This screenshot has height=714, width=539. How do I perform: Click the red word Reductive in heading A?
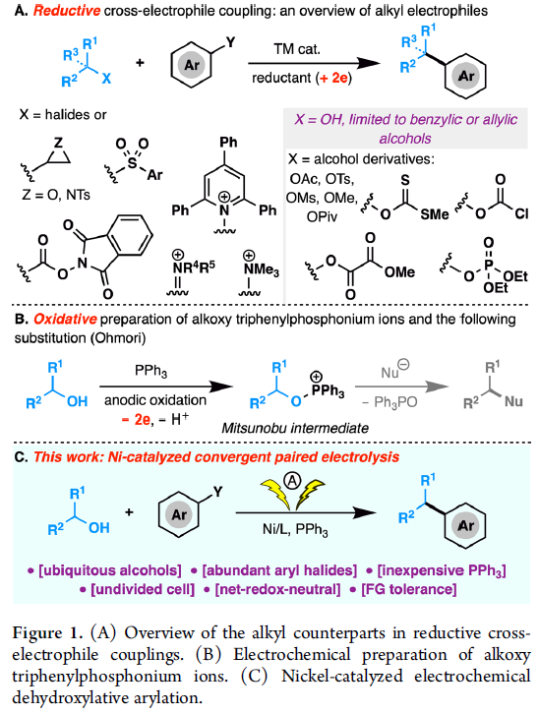(67, 11)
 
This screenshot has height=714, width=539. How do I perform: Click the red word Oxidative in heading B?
(65, 320)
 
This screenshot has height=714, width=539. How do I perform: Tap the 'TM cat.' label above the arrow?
(297, 49)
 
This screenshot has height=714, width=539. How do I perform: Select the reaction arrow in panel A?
(314, 63)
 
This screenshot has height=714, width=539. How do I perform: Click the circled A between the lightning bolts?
(293, 480)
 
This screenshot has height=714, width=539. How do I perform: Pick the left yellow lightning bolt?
(275, 494)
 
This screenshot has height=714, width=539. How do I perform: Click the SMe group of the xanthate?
(434, 213)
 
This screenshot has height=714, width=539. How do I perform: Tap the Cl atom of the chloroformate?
(521, 213)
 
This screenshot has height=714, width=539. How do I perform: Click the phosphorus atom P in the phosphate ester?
(489, 265)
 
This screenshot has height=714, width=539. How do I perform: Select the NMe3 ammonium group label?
(262, 269)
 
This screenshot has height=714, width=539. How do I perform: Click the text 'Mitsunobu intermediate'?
(295, 428)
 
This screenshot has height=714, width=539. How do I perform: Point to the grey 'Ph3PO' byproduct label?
(389, 402)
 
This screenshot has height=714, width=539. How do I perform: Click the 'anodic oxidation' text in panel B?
(155, 400)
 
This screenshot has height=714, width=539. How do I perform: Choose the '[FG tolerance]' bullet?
(403, 589)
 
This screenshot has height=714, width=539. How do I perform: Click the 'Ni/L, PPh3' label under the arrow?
(295, 529)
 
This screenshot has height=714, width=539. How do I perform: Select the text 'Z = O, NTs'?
(55, 195)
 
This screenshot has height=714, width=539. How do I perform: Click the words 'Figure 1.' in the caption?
(47, 633)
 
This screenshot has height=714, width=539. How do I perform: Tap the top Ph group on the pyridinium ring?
(228, 142)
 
